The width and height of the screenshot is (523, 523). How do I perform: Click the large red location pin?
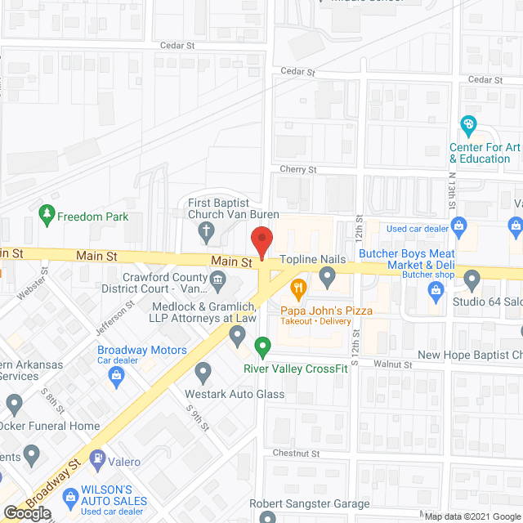click(261, 242)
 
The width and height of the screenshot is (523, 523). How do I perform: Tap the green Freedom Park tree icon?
click(47, 215)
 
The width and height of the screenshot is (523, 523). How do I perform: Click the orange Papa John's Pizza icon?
click(298, 288)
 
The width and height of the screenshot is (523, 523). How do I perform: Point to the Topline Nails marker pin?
click(328, 279)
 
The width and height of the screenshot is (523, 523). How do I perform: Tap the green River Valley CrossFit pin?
click(262, 347)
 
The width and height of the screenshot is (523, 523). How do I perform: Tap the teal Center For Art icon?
click(468, 126)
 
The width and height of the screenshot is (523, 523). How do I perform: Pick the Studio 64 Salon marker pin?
click(472, 280)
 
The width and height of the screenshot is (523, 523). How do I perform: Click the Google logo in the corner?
click(26, 512)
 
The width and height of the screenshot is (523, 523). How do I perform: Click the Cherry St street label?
click(298, 169)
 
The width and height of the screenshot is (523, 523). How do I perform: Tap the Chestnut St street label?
click(297, 453)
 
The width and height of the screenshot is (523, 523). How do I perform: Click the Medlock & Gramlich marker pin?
click(238, 333)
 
